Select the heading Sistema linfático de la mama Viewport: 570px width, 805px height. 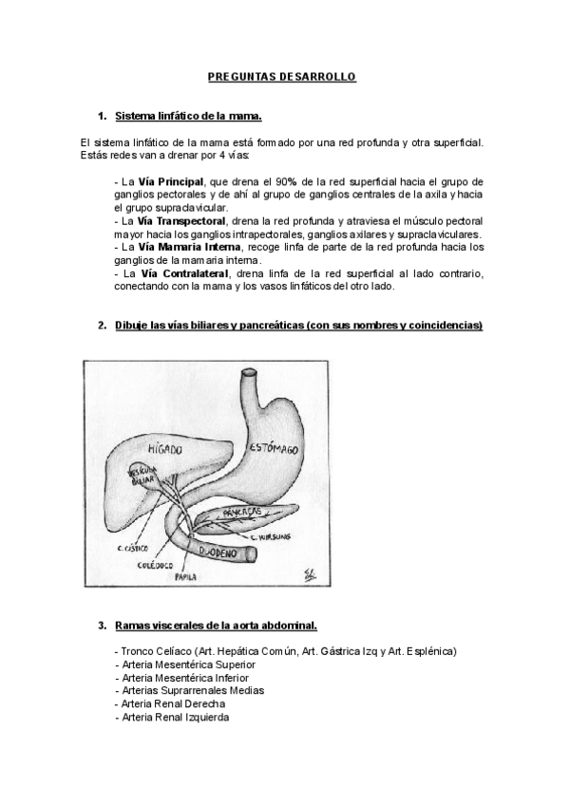[x=187, y=116]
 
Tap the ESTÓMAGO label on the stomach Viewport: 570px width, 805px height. [x=276, y=445]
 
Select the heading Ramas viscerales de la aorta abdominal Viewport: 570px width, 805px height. [x=216, y=626]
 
